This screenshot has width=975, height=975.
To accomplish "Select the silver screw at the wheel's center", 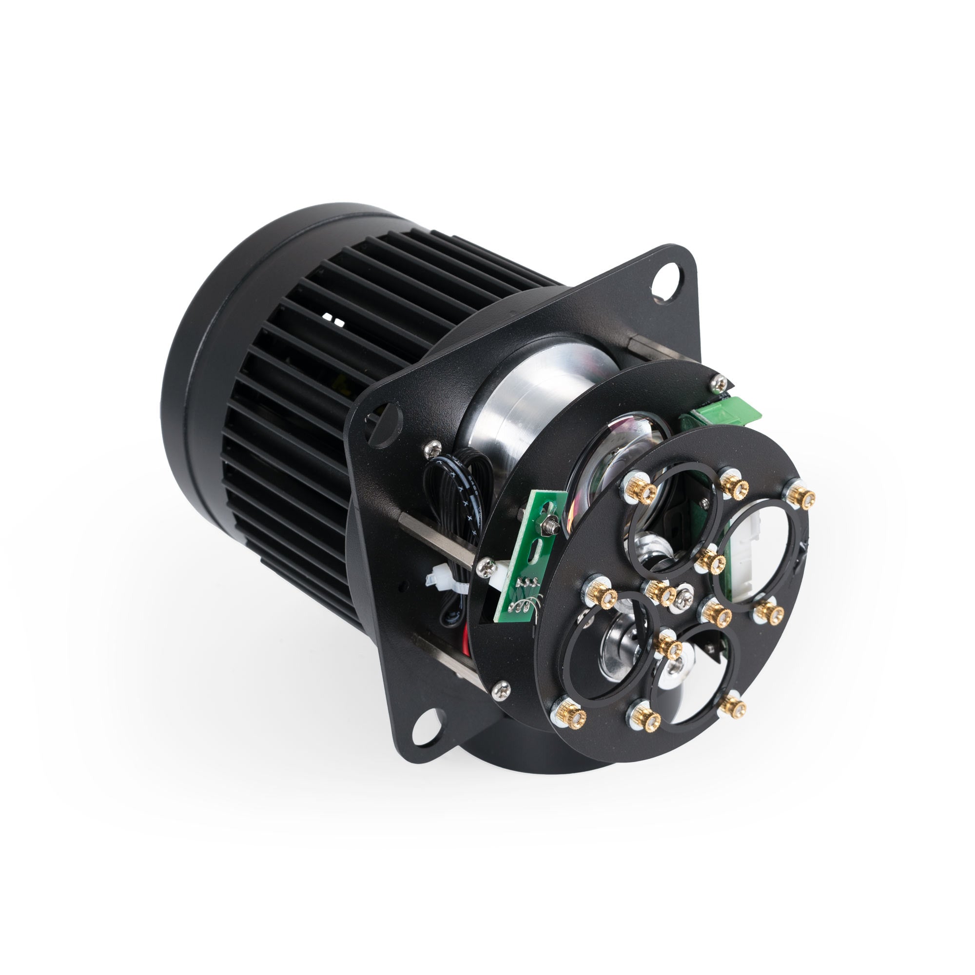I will tap(684, 600).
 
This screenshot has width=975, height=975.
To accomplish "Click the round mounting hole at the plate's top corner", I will tap(666, 283).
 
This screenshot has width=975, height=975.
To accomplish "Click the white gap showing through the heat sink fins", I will tap(332, 319).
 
